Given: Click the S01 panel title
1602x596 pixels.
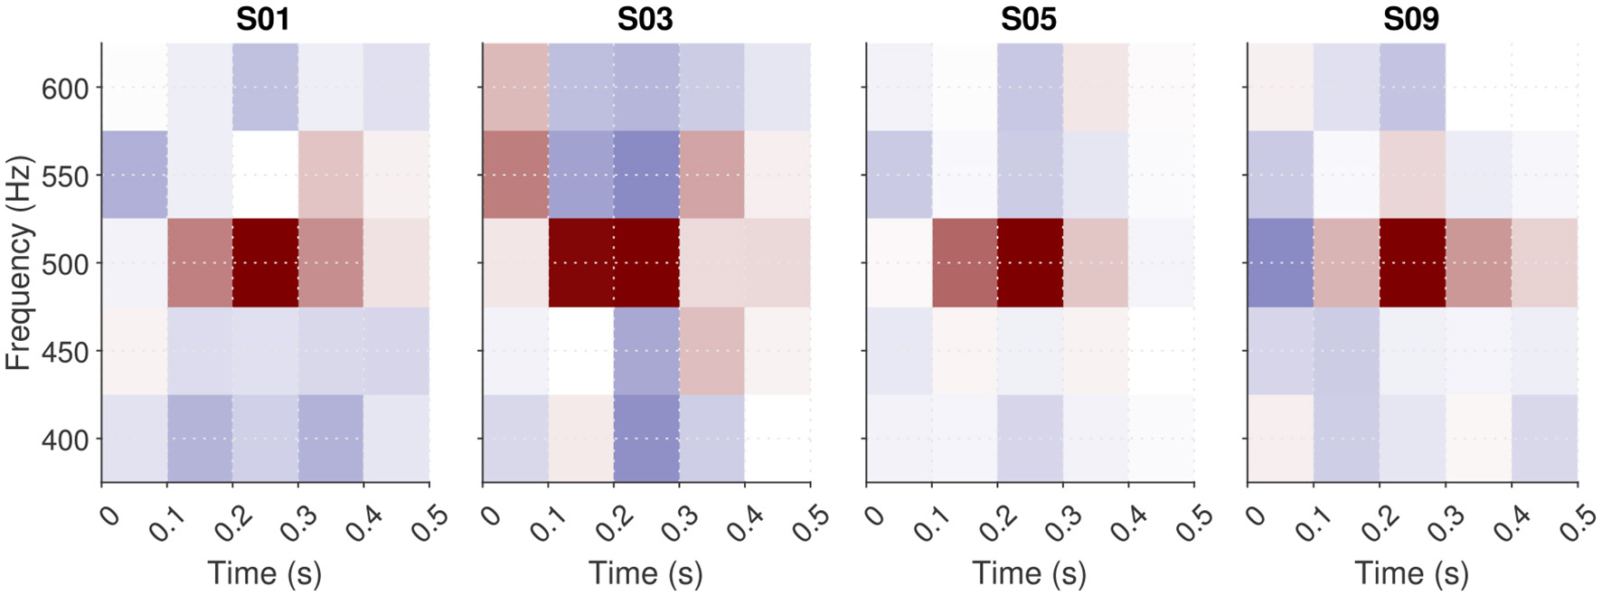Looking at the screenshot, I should point(263,19).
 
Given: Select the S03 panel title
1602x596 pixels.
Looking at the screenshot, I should point(645,19).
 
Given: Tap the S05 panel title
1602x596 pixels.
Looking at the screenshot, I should point(1028,19).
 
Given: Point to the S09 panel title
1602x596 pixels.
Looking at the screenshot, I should point(1410,19).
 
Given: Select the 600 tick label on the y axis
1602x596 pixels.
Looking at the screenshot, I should point(65,89).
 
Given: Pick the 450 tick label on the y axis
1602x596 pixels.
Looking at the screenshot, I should point(65,352).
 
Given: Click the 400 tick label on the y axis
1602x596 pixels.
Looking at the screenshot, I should point(65,440).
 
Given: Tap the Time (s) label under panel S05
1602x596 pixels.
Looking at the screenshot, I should point(1029,573).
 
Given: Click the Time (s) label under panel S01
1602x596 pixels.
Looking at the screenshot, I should point(264,573).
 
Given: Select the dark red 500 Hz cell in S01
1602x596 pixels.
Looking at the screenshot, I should point(265,262).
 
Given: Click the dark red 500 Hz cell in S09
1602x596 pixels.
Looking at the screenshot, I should point(1412,262).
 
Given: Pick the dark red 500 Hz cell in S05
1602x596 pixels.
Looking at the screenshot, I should point(1030,262).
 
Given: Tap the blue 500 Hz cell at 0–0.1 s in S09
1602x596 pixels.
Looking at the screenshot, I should point(1280,262).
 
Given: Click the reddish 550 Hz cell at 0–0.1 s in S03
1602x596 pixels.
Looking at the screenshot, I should point(515,175).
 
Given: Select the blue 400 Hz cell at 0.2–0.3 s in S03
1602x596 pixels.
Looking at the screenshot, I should point(646,439).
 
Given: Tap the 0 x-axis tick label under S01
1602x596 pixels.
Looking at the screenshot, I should point(108,516).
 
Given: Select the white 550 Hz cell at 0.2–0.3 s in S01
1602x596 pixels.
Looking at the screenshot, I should point(265,175).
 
